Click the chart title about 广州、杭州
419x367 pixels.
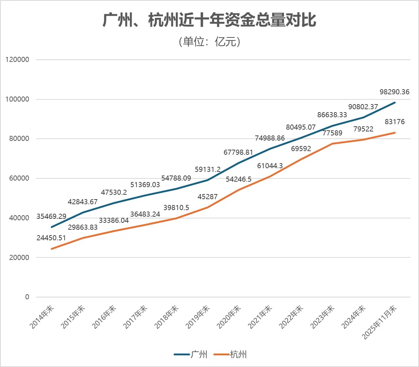pos(209,20)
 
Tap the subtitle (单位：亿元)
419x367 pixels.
pos(209,42)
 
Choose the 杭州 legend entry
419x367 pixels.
pos(230,354)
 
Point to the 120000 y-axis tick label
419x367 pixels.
pos(18,60)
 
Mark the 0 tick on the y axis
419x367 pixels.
pos(27,297)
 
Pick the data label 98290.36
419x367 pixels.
pos(395,92)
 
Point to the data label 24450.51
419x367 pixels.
pos(51,238)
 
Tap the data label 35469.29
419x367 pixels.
pos(51,217)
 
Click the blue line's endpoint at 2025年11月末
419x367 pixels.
pos(395,103)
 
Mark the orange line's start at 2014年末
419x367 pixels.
pos(52,249)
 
